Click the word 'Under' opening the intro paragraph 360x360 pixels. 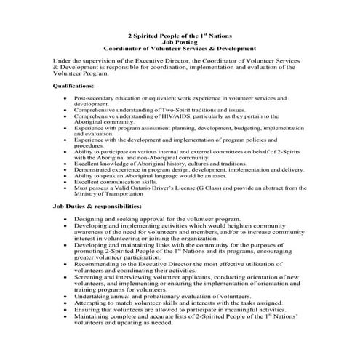63,61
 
